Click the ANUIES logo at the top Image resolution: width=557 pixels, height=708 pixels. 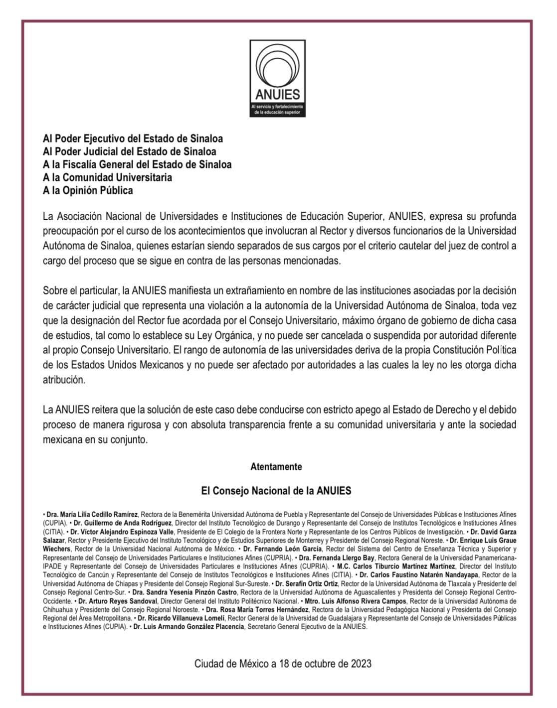tap(277, 79)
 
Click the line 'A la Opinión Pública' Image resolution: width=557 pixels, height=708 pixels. tap(88, 190)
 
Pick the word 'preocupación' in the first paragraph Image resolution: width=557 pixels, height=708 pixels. tap(69, 231)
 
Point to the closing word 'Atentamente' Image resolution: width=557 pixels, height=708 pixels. tap(276, 467)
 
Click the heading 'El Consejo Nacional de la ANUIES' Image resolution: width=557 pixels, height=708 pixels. tap(276, 491)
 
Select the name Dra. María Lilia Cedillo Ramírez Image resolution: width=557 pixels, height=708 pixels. tap(92, 514)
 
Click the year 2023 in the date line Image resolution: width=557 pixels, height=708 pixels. tap(361, 664)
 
